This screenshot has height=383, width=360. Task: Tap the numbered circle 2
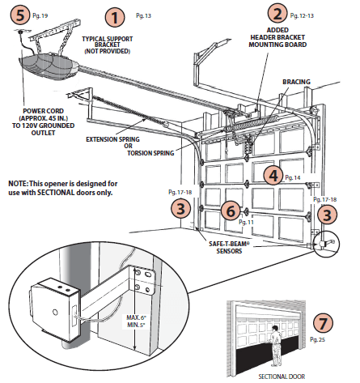tap(278, 13)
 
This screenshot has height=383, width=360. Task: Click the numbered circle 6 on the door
tap(231, 211)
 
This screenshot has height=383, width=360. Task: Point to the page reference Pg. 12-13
tap(304, 15)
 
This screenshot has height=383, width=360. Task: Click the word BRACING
tap(295, 82)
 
